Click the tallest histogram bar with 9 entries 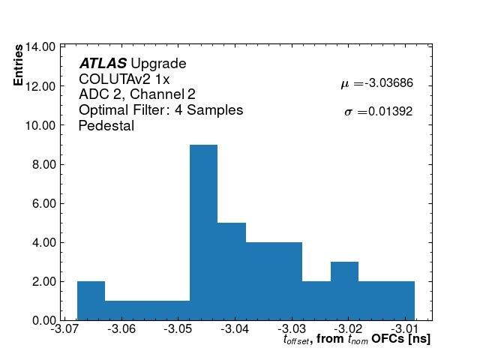click(x=203, y=232)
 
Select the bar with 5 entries click(x=232, y=271)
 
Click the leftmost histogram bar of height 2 click(x=91, y=301)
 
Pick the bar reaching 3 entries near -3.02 click(x=344, y=291)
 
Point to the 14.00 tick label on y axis click(x=40, y=46)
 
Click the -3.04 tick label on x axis click(x=235, y=330)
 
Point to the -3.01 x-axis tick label click(x=405, y=330)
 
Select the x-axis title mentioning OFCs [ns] click(x=356, y=340)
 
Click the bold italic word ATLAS click(x=103, y=64)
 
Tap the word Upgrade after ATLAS click(x=158, y=64)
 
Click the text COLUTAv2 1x click(x=124, y=79)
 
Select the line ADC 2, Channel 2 click(x=137, y=94)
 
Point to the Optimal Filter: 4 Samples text click(x=160, y=110)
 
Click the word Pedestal click(x=106, y=126)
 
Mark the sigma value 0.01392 click(x=388, y=112)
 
